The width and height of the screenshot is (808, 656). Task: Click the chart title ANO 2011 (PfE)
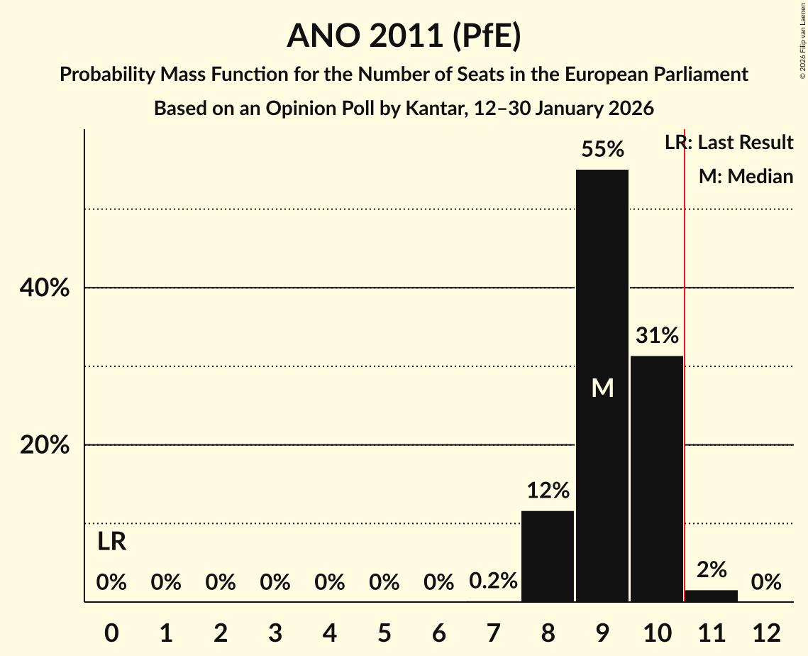point(404,35)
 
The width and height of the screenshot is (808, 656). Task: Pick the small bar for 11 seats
point(712,596)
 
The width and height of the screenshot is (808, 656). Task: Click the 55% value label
point(602,149)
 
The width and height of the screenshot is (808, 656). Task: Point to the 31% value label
point(657,335)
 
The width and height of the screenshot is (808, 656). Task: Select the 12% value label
point(548,491)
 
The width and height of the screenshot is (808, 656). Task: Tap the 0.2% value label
point(493,582)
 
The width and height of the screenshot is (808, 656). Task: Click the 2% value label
point(712,569)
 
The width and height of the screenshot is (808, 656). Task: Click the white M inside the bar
point(602,388)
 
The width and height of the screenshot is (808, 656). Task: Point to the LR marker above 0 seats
point(111,542)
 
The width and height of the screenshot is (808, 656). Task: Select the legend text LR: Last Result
point(729,143)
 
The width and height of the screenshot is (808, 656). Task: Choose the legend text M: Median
point(746,176)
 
